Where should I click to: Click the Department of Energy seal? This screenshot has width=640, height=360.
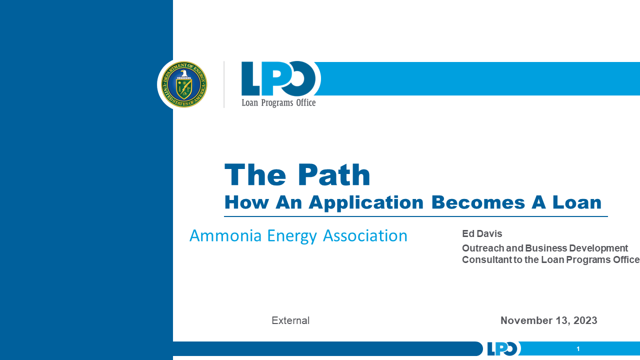tap(183, 84)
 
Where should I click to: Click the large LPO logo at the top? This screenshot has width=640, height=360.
tap(278, 78)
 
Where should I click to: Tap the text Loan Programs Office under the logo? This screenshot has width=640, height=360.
tap(278, 102)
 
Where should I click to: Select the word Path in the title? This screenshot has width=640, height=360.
tap(334, 175)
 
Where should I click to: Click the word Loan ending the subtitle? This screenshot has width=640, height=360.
tap(576, 202)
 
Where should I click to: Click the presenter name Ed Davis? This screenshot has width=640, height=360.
tap(482, 233)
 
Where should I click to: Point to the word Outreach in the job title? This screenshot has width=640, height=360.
tap(483, 248)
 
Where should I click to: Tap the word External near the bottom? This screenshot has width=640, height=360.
tap(290, 320)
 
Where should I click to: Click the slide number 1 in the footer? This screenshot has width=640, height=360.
tap(578, 349)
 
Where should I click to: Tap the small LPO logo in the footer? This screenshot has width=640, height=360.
tap(502, 348)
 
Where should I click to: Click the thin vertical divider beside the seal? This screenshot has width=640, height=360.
tap(224, 84)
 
